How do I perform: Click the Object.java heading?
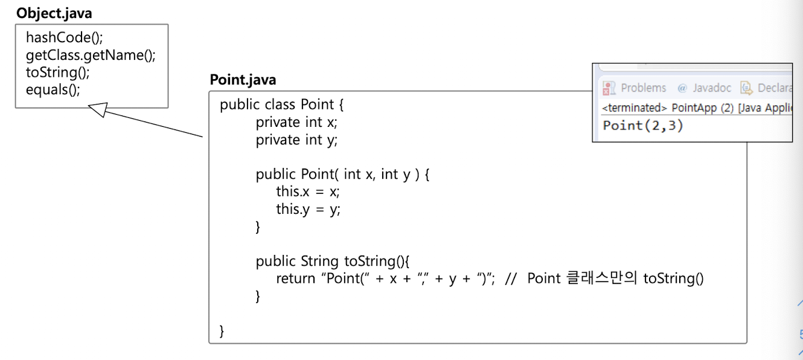click(54, 13)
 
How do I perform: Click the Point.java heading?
click(243, 80)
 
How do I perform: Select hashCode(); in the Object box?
click(65, 37)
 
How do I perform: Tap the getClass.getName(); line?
click(91, 55)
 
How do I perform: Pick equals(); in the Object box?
click(53, 90)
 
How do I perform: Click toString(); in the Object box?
click(58, 72)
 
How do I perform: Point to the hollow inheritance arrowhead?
click(97, 109)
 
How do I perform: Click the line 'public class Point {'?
click(281, 104)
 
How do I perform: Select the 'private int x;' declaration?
click(296, 122)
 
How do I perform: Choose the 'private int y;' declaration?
click(296, 140)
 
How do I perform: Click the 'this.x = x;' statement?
click(308, 192)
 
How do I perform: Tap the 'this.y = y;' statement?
click(308, 210)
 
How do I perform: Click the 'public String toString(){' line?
click(333, 261)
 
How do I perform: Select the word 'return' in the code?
click(296, 278)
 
